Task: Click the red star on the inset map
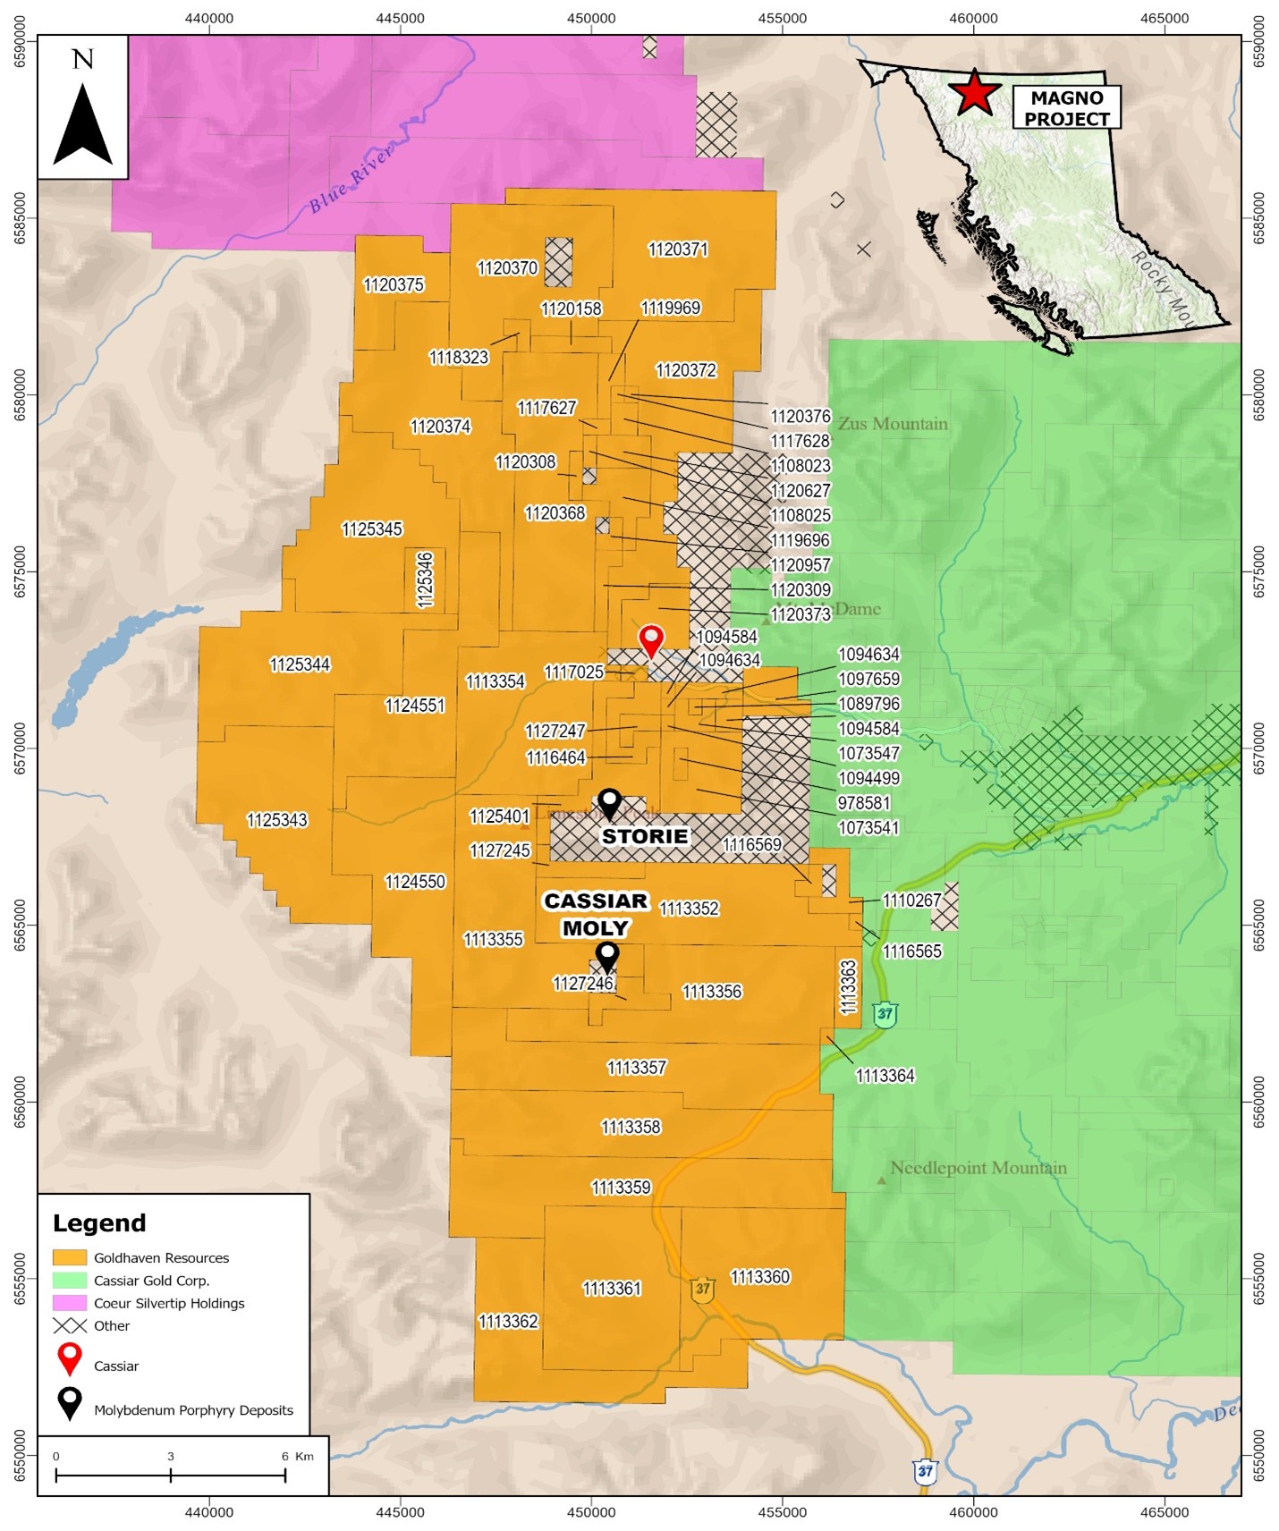tap(974, 93)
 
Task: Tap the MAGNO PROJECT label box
tap(1066, 108)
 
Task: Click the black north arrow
tap(83, 124)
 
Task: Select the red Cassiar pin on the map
tap(651, 640)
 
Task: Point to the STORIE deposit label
tap(644, 836)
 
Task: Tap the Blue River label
tap(351, 180)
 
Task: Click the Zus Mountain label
tap(892, 424)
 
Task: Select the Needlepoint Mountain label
tap(978, 1168)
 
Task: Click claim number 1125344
tap(300, 664)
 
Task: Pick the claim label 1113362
tap(508, 1321)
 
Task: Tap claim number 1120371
tap(677, 250)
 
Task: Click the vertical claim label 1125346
tap(425, 580)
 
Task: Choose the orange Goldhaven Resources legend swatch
tap(70, 1257)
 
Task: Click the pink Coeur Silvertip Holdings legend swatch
tap(70, 1303)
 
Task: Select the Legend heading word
tap(99, 1222)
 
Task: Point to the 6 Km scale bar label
tap(297, 1456)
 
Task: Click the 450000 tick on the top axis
tap(591, 18)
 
